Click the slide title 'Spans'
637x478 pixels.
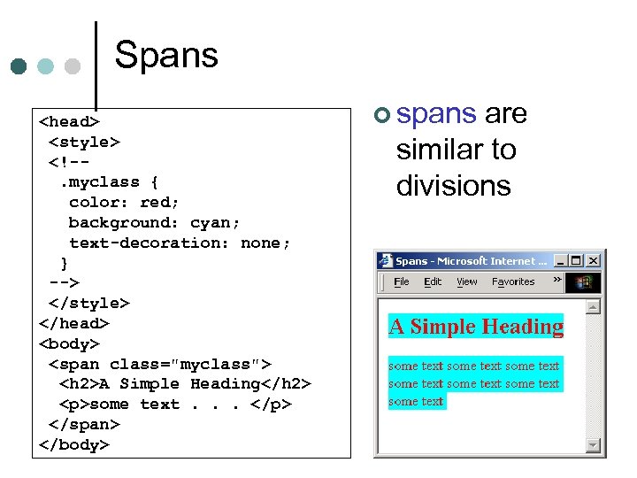(x=166, y=56)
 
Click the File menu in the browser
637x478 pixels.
(x=402, y=282)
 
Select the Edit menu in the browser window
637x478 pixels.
(x=433, y=282)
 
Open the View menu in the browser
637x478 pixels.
(x=466, y=282)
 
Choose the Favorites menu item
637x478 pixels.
(x=513, y=282)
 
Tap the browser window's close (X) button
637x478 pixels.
(x=593, y=261)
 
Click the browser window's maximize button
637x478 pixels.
(x=577, y=261)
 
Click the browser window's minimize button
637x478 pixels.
(x=561, y=261)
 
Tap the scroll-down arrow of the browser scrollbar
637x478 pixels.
(x=593, y=445)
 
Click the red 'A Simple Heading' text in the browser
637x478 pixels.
(x=476, y=327)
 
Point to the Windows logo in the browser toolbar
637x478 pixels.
(x=584, y=282)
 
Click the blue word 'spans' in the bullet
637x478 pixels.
(x=437, y=114)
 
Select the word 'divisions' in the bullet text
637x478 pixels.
(x=453, y=186)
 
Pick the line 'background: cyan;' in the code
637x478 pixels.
(x=154, y=222)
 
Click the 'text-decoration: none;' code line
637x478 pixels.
(x=179, y=243)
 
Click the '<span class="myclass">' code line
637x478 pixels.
(x=160, y=364)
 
